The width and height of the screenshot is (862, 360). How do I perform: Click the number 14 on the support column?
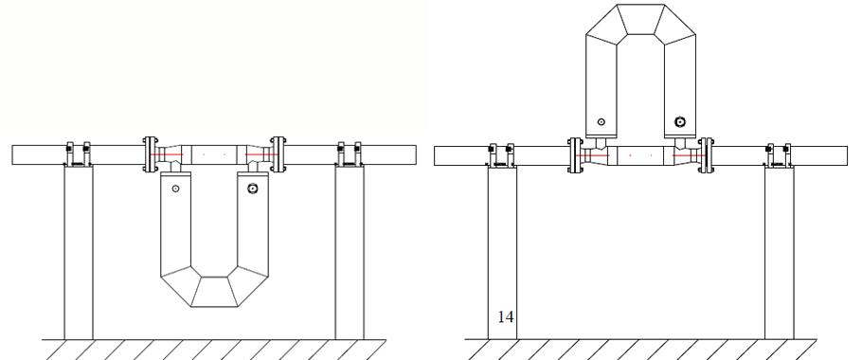tap(506, 317)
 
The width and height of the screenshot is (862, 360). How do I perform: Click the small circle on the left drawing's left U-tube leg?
tap(175, 189)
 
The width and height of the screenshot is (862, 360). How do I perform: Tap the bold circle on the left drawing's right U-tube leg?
tap(252, 189)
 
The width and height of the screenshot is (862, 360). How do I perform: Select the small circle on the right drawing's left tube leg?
tap(602, 122)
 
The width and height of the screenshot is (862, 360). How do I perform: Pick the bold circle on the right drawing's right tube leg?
tap(680, 122)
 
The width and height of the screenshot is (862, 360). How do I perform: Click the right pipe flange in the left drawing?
tap(278, 154)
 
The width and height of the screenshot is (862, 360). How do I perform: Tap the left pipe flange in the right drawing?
tap(576, 155)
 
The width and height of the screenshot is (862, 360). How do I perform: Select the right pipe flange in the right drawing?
tap(707, 155)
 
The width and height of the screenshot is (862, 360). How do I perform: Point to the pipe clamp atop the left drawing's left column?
tap(79, 154)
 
